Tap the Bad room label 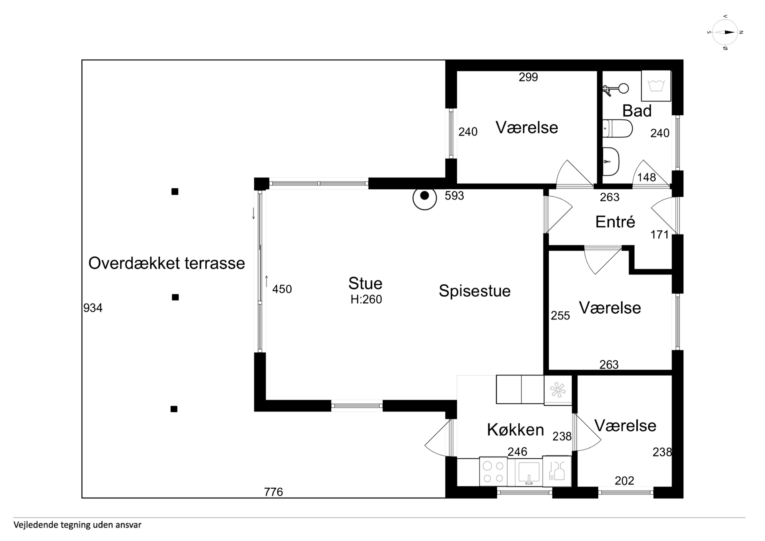(637, 111)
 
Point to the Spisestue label (475, 291)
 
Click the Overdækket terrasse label (167, 263)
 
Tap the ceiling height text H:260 (366, 299)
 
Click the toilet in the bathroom (617, 128)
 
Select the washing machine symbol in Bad (656, 86)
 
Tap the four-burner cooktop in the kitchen (493, 472)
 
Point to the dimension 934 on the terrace (93, 308)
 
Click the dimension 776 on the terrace (273, 492)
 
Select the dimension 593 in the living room (454, 196)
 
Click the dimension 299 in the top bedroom (528, 77)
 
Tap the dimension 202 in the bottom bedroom (624, 481)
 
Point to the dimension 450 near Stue (282, 289)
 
